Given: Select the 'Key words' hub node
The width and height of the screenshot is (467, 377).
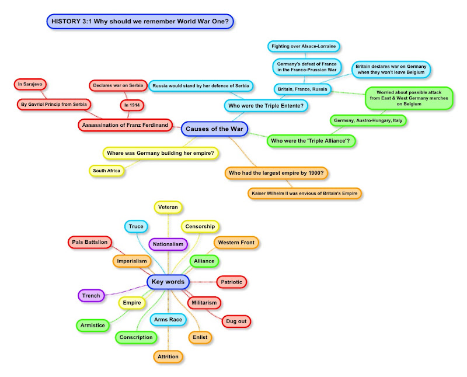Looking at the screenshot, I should point(168,282).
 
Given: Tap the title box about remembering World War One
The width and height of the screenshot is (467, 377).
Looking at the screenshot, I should point(140,22).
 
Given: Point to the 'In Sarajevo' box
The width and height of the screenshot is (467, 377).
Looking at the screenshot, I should point(30,85).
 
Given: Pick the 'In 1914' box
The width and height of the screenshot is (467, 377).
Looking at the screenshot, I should point(133,106).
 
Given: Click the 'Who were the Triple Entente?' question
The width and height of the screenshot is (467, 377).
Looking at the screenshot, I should point(266,106).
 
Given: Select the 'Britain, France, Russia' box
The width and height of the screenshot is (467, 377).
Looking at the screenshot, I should point(302,89).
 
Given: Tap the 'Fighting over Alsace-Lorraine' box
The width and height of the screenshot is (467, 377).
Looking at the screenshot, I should point(304,46).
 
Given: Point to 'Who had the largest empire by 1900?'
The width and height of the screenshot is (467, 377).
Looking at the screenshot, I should point(277,173).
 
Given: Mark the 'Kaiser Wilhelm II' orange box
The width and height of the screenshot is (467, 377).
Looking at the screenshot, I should point(304,192).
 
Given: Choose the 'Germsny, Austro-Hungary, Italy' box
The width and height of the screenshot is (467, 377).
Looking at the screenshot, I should point(368,120).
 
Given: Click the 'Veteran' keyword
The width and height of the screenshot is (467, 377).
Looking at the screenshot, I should point(169,206).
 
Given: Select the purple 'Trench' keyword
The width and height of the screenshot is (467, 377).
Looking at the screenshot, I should point(91,296).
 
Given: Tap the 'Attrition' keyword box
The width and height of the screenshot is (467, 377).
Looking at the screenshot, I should point(168,356).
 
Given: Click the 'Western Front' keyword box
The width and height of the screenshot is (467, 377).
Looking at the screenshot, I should point(236,242).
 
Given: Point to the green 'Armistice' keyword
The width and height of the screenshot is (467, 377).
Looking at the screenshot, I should point(92,325).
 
